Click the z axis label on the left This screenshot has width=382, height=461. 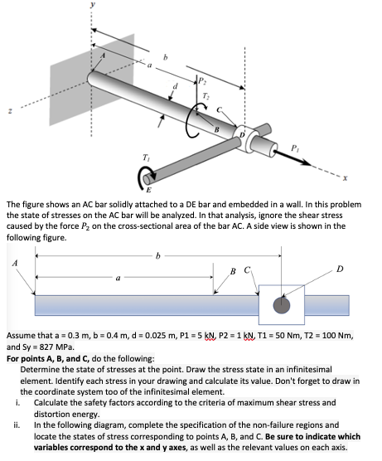click(x=10, y=111)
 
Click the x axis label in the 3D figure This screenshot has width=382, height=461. click(x=346, y=178)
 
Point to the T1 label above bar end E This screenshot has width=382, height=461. click(x=146, y=158)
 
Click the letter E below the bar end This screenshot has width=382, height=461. click(x=148, y=190)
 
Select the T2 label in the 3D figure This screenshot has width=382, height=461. click(x=206, y=95)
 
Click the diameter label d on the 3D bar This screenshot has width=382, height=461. click(x=176, y=86)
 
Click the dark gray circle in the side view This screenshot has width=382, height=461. click(x=282, y=305)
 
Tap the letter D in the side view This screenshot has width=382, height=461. click(x=340, y=269)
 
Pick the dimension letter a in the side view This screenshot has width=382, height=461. click(x=118, y=278)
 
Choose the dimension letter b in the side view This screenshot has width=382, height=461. click(x=158, y=256)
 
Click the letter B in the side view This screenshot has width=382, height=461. click(x=233, y=271)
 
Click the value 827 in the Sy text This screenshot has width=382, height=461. click(x=46, y=347)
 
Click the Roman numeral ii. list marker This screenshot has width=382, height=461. click(x=17, y=425)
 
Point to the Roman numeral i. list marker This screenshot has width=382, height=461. click(x=18, y=402)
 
